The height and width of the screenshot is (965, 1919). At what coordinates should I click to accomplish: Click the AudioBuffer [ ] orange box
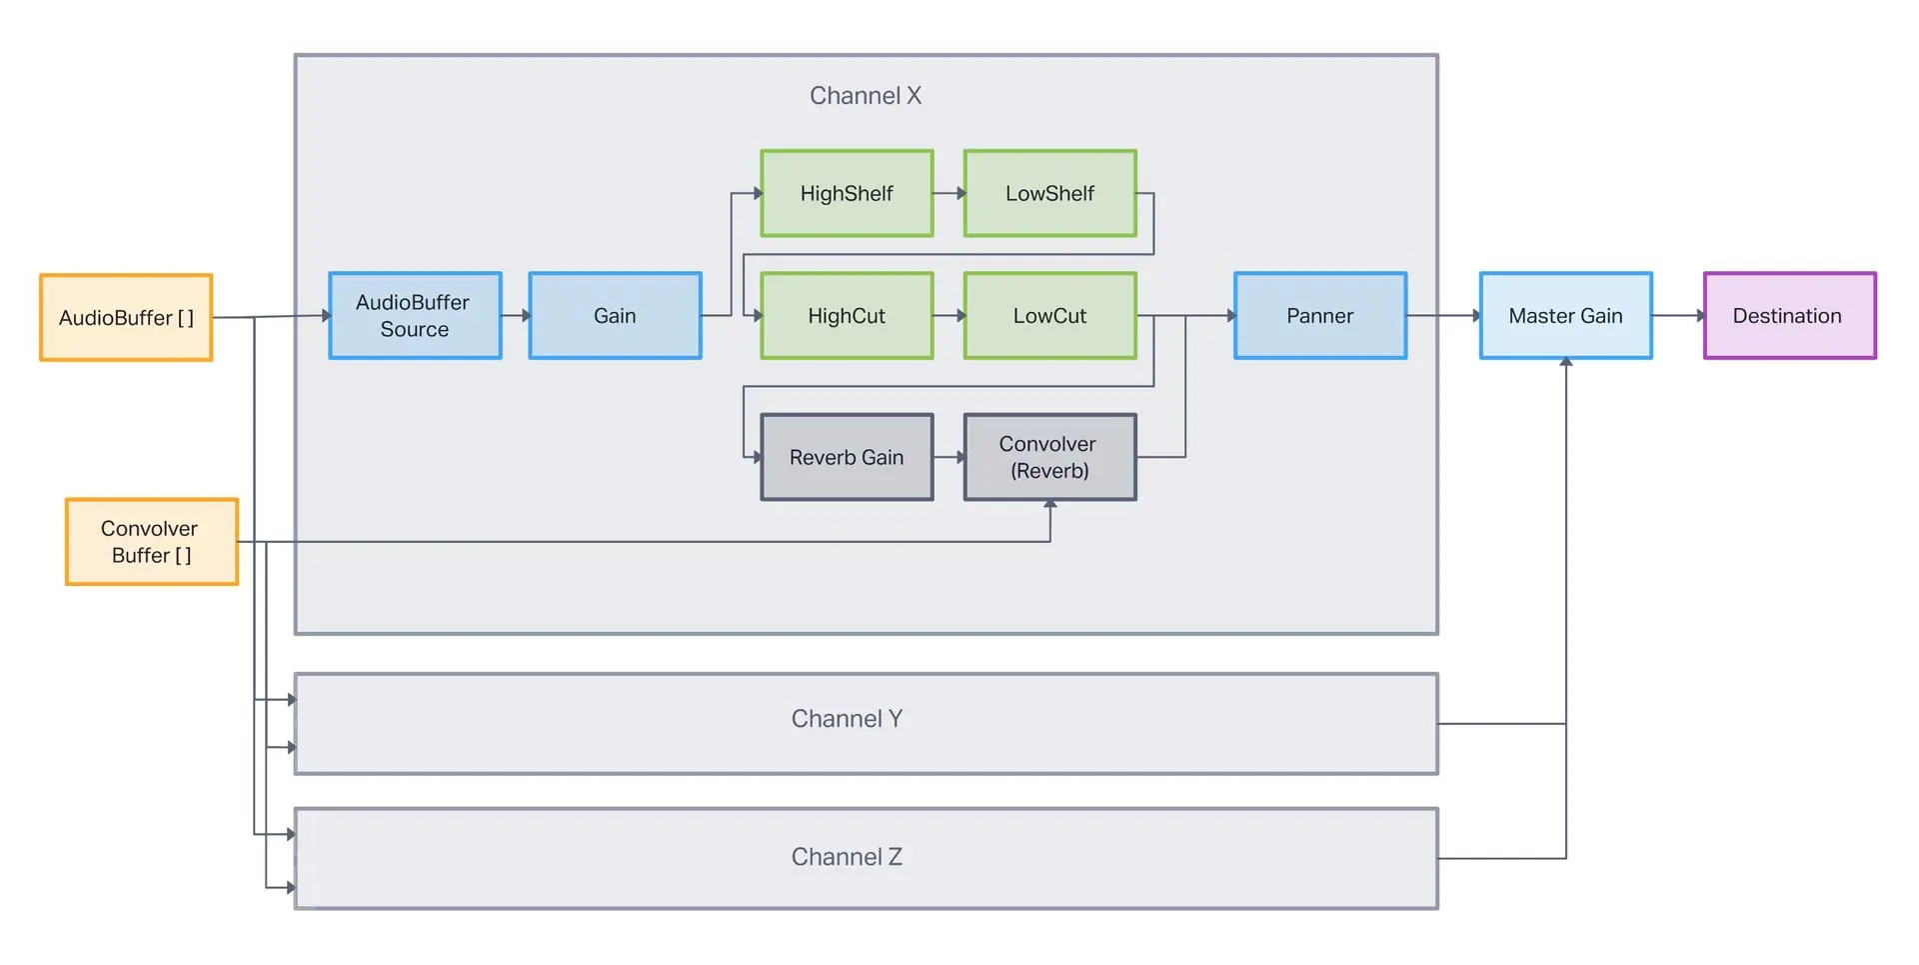point(126,317)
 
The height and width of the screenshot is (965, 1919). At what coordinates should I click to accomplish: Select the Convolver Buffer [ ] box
point(152,541)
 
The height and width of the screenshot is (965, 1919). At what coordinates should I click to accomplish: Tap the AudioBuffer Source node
point(415,315)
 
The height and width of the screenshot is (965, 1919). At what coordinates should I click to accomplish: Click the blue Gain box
point(615,315)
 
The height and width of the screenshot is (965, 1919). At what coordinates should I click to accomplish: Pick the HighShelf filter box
point(847,193)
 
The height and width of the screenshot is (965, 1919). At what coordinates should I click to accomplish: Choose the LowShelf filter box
point(1049,193)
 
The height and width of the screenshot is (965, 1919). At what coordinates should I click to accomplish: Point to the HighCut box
point(847,315)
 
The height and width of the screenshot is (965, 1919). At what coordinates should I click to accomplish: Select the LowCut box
point(1049,315)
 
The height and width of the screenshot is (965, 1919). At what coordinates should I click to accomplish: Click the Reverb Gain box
point(847,457)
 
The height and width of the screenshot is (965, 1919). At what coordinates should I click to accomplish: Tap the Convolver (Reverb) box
point(1049,457)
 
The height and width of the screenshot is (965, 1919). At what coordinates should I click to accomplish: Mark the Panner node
point(1319,315)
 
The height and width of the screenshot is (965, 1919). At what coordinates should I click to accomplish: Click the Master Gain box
point(1565,315)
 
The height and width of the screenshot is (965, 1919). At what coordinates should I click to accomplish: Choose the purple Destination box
point(1789,315)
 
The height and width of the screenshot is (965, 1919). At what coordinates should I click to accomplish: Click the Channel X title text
point(866,95)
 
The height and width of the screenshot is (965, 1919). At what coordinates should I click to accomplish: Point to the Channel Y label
point(847,718)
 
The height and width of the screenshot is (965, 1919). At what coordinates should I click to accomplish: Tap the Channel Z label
point(847,856)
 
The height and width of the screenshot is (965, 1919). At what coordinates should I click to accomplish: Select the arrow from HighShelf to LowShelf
point(949,193)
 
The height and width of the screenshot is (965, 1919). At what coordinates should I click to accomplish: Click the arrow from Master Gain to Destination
point(1678,315)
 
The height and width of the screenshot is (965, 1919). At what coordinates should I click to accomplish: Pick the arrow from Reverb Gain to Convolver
point(949,457)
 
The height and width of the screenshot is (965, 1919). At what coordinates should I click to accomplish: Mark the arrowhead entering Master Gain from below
point(1566,363)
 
